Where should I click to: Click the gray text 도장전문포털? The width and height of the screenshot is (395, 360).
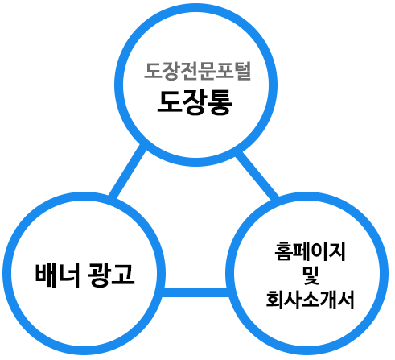(198, 71)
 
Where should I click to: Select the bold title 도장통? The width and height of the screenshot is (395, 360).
(195, 103)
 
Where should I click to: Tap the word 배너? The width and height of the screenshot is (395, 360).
(58, 275)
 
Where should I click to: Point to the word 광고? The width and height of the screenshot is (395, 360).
(111, 275)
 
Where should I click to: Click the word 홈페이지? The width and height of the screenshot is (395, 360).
(311, 251)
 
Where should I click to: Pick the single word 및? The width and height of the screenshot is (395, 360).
(311, 275)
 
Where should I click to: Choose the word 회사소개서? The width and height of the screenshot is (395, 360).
(311, 300)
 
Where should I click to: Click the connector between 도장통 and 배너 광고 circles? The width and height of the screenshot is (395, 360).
(127, 172)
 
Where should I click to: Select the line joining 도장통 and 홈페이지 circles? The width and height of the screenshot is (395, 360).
(257, 176)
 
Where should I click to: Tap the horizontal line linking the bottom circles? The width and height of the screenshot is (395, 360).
(195, 292)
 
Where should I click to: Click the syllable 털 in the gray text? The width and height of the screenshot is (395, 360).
(242, 71)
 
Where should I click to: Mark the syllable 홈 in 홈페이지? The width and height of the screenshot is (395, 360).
(283, 251)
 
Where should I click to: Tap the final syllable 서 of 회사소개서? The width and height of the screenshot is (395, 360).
(346, 300)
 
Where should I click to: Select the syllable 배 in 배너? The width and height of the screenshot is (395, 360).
(46, 275)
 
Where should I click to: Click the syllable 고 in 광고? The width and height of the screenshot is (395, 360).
(123, 275)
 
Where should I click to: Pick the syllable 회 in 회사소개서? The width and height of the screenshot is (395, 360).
(274, 300)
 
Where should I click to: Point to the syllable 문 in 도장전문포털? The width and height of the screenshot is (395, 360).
(207, 71)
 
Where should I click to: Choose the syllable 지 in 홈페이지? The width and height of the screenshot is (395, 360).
(338, 251)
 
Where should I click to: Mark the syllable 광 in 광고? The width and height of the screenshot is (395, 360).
(99, 275)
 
